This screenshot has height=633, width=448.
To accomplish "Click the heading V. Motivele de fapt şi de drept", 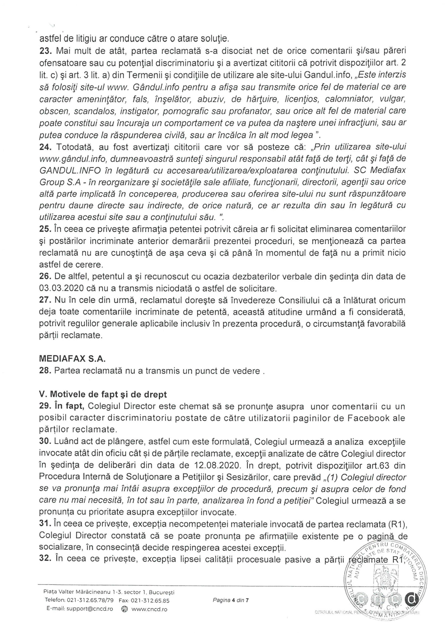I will [103, 395].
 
